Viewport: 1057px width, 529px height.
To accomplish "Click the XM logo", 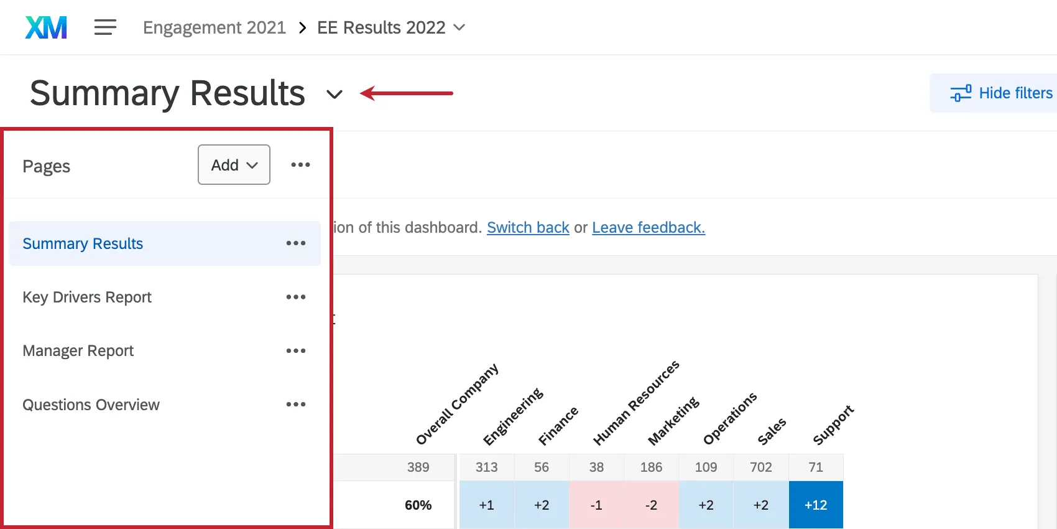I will coord(46,28).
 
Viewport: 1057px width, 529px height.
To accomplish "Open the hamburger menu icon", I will coord(105,27).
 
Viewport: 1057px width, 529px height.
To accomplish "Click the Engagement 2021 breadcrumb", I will coord(214,28).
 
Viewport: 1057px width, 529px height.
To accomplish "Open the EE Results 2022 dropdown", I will coord(390,28).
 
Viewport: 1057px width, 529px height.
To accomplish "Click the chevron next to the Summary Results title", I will coord(335,95).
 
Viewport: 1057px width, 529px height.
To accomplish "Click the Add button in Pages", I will coord(234,165).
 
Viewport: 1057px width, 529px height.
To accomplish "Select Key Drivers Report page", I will coord(87,297).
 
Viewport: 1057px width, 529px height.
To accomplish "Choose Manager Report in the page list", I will coord(78,351).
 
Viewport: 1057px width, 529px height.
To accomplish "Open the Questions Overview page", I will coord(91,405).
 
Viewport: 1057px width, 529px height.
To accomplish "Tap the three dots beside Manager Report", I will coord(296,351).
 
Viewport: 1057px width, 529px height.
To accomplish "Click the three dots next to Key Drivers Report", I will coord(296,297).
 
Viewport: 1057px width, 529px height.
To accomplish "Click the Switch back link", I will coord(528,228).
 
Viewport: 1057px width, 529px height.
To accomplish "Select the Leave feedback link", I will coord(649,228).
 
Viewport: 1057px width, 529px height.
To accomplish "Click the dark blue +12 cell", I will coord(816,505).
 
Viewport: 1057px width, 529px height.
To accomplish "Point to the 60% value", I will coord(418,505).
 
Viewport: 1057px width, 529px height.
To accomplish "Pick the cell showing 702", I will coord(761,467).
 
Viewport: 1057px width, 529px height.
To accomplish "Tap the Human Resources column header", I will coord(635,403).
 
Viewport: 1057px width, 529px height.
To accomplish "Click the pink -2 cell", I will coord(651,505).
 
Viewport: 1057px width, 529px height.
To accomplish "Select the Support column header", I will coord(833,425).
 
